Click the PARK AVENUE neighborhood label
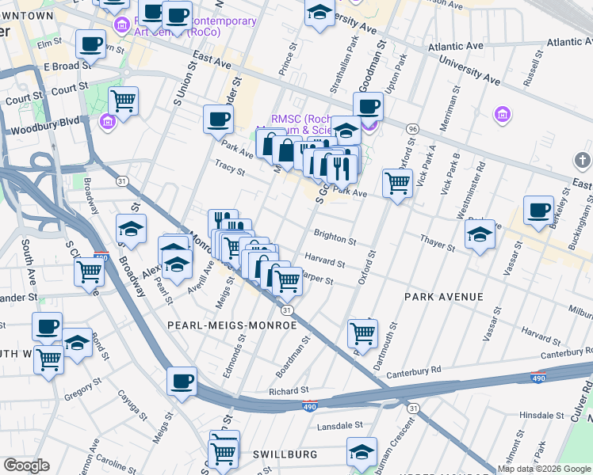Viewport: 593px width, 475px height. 443,297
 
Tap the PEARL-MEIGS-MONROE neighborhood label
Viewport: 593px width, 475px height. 231,325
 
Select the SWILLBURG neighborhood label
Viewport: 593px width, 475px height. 285,454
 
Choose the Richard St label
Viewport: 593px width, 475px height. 288,391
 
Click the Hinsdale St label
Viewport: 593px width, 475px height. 541,415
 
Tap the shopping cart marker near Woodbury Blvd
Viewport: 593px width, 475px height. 123,101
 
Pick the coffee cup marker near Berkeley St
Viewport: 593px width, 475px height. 538,211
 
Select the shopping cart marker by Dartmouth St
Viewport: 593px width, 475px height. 362,333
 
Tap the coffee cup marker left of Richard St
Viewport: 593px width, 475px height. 182,381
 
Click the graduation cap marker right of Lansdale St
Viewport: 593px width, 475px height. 362,452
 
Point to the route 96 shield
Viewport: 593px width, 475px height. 412,129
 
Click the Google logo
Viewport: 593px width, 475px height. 26,465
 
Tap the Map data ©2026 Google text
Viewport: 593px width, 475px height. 544,469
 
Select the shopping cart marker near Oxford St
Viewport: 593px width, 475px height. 397,183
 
